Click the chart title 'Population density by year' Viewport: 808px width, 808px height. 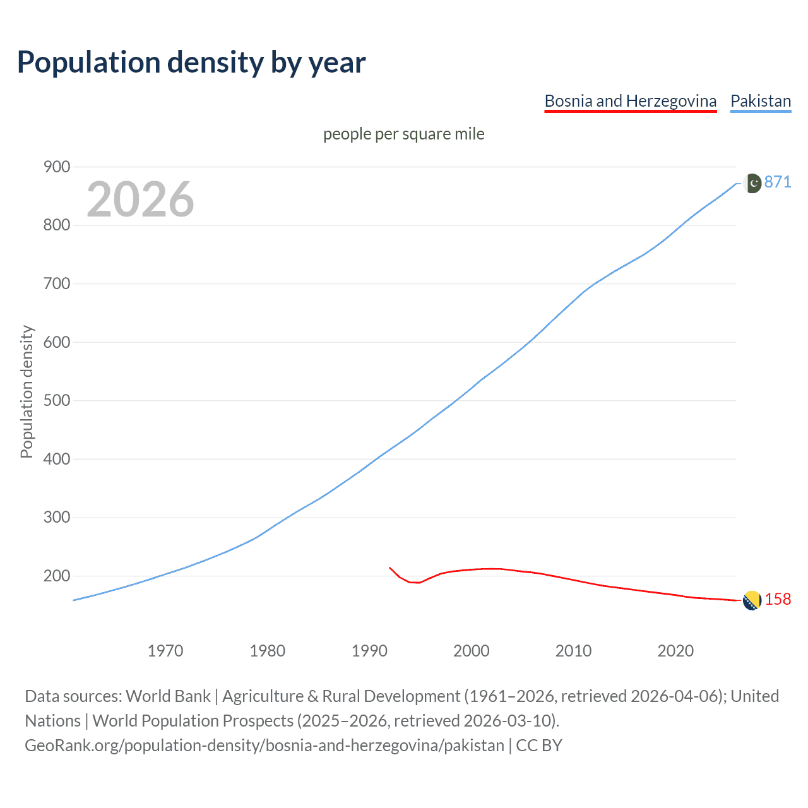pyautogui.click(x=191, y=62)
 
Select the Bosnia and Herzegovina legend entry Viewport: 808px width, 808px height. pyautogui.click(x=630, y=101)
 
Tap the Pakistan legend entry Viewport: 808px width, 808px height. pyautogui.click(x=760, y=101)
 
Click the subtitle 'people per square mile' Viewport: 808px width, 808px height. pyautogui.click(x=403, y=134)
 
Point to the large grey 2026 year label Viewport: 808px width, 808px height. pyautogui.click(x=140, y=199)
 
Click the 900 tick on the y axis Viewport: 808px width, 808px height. pyautogui.click(x=57, y=167)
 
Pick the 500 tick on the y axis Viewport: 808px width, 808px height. pyautogui.click(x=57, y=401)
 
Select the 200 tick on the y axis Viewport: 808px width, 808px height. pyautogui.click(x=57, y=576)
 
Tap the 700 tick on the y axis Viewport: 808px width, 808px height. pyautogui.click(x=57, y=283)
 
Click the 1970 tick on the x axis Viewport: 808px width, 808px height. pyautogui.click(x=165, y=650)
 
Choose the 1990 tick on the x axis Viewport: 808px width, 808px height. pyautogui.click(x=369, y=650)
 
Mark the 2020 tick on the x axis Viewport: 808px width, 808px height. pyautogui.click(x=675, y=650)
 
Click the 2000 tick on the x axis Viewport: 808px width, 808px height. pyautogui.click(x=472, y=650)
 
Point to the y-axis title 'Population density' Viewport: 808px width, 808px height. pyautogui.click(x=27, y=391)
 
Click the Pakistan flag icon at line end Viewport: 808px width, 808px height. pyautogui.click(x=752, y=183)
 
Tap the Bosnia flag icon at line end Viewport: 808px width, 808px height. pyautogui.click(x=751, y=601)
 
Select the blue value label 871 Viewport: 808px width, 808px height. pyautogui.click(x=778, y=182)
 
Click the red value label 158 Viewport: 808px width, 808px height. pyautogui.click(x=778, y=599)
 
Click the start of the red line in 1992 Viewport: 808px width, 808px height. pyautogui.click(x=390, y=567)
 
